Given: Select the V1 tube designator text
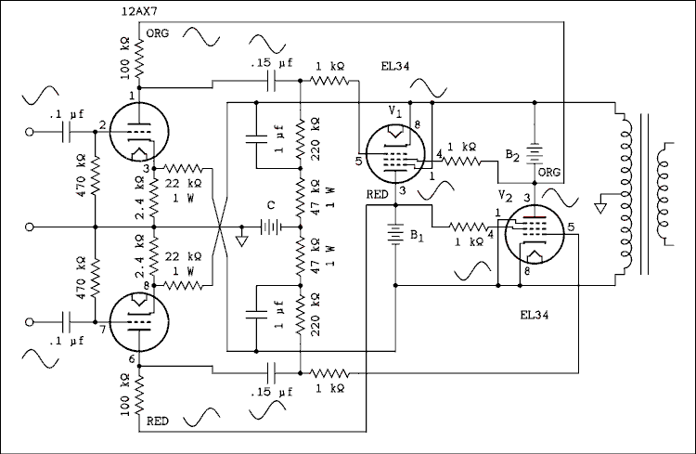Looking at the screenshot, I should click(x=393, y=112).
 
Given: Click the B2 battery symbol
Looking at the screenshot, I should click(x=534, y=152).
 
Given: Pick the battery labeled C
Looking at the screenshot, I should click(x=270, y=226).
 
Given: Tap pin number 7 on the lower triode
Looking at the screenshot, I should click(x=103, y=330).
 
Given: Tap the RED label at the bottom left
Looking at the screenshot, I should click(x=158, y=422).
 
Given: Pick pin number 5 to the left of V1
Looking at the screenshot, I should click(x=357, y=162).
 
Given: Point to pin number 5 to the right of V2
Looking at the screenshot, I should click(x=572, y=227).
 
